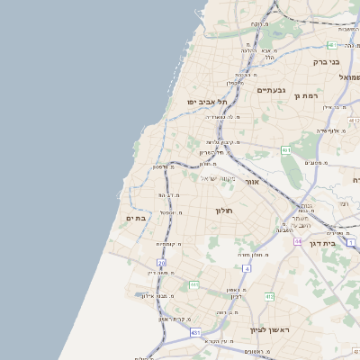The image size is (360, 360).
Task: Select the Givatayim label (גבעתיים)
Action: (x=270, y=90)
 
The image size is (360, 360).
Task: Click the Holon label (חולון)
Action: (x=223, y=210)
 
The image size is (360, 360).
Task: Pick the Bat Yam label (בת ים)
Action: (x=136, y=218)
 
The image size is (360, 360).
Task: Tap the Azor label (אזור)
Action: (x=252, y=182)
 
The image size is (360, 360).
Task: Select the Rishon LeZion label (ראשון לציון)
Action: (x=267, y=330)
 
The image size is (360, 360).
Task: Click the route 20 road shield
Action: (x=162, y=263)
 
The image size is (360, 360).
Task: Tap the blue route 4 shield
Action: (x=247, y=268)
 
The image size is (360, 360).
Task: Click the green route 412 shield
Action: (x=268, y=296)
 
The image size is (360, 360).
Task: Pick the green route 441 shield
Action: (x=193, y=284)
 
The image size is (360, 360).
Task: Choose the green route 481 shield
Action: (x=332, y=44)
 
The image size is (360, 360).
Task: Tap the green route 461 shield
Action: (x=285, y=149)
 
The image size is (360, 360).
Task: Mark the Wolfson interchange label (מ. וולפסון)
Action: (x=162, y=166)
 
